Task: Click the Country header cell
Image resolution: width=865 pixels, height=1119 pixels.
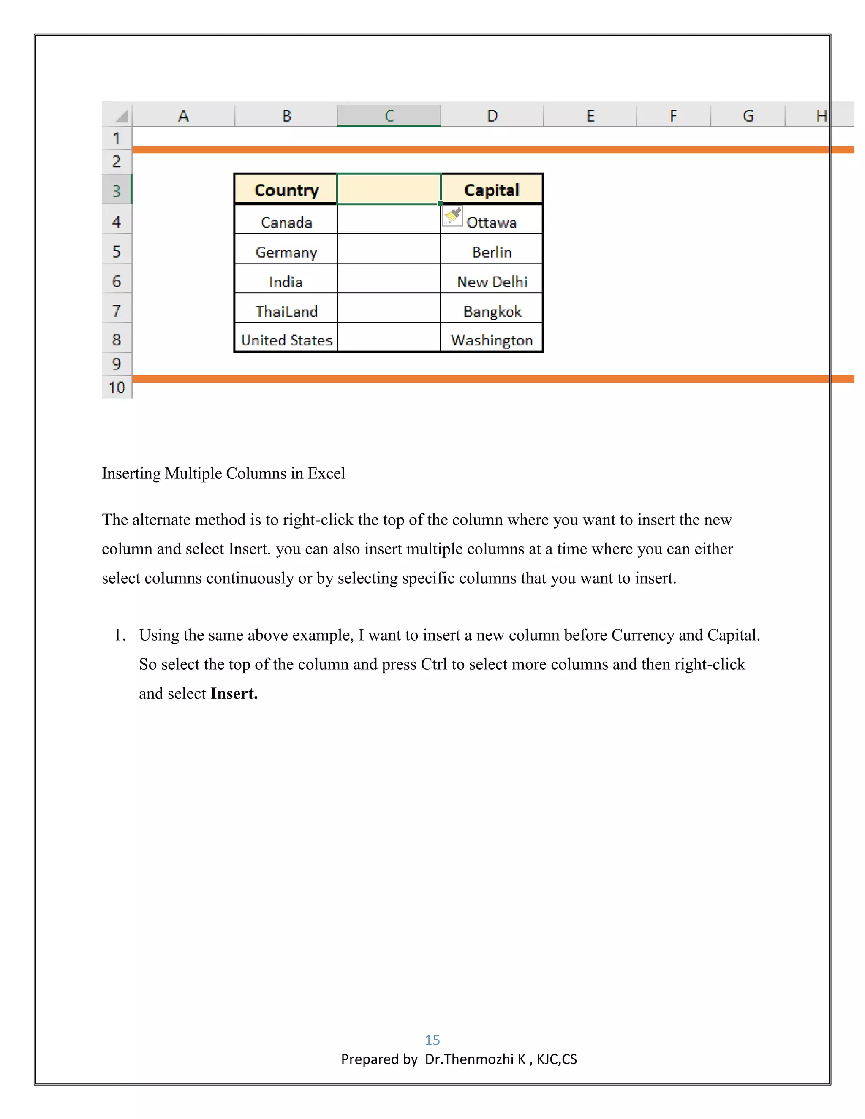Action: click(x=286, y=190)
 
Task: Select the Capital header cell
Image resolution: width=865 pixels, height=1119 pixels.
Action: click(x=492, y=190)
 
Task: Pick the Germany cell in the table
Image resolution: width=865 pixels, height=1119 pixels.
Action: click(x=286, y=252)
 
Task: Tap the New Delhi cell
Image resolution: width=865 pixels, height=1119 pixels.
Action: click(x=492, y=281)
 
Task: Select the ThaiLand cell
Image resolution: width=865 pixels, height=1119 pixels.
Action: click(x=286, y=311)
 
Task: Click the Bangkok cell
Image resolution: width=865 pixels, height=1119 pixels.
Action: click(x=492, y=311)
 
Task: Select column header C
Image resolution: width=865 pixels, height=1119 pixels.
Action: click(x=389, y=115)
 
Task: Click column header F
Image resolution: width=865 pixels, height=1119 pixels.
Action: click(x=673, y=115)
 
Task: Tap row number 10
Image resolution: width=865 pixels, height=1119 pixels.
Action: click(x=117, y=387)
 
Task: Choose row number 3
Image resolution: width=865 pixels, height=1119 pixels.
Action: click(x=117, y=190)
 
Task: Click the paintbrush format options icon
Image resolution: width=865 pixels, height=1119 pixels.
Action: click(x=452, y=216)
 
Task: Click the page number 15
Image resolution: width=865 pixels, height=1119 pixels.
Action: click(x=432, y=1040)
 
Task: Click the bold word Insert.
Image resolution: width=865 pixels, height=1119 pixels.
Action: click(x=234, y=693)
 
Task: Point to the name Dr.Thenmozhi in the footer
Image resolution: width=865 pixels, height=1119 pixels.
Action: click(x=469, y=1059)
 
